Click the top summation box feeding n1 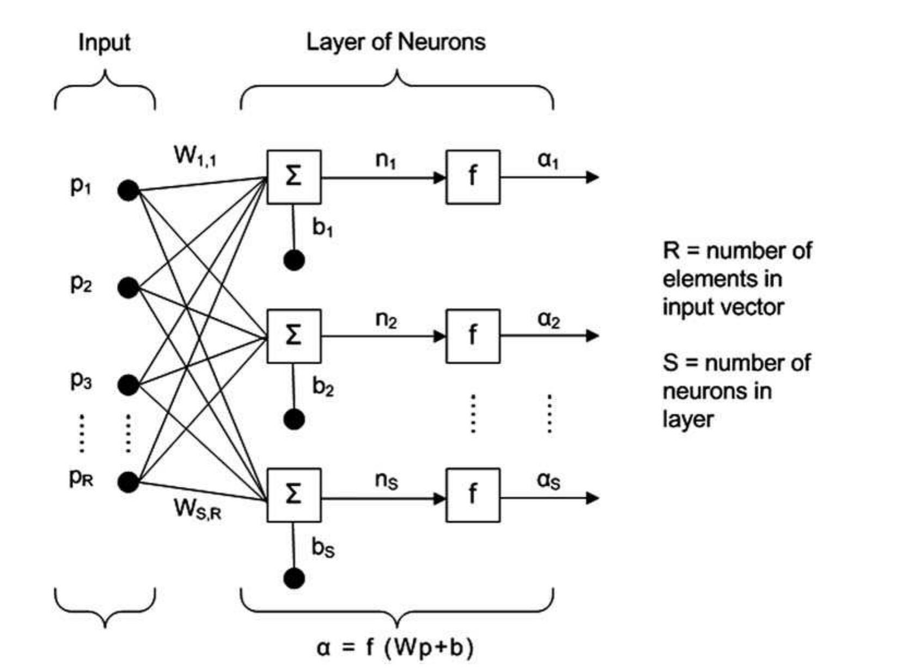(294, 177)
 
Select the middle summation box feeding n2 (294, 336)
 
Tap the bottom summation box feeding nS (294, 495)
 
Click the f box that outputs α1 (473, 177)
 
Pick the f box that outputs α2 (473, 336)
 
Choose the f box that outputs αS (473, 495)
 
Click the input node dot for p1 (129, 190)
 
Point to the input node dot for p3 (129, 385)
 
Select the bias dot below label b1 (294, 260)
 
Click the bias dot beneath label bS (294, 578)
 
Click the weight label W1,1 (195, 156)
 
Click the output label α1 (548, 161)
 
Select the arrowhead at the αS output (593, 497)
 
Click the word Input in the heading (104, 43)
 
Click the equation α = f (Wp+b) (395, 648)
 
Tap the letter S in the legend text (670, 363)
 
